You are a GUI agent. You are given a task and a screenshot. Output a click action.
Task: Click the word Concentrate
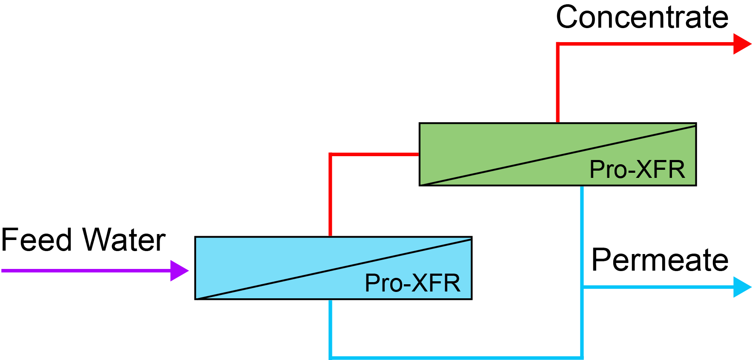coord(642,17)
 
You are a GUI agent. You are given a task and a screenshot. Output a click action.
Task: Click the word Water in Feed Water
coord(124,240)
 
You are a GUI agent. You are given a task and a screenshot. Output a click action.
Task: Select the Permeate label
coord(660,260)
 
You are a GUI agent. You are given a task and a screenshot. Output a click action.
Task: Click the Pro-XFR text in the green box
coord(637,169)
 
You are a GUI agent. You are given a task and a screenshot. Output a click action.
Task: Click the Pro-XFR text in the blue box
coord(412,283)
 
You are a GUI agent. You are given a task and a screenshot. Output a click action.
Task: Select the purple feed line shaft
coord(85,271)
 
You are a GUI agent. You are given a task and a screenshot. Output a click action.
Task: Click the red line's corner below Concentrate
coord(558,44)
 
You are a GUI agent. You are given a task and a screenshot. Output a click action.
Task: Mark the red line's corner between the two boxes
coord(331,154)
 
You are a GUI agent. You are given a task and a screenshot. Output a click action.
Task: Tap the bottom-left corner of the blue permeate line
coord(331,357)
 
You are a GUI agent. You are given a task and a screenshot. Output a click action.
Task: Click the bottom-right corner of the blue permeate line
coord(582,357)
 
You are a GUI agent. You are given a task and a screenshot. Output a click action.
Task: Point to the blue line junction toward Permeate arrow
coord(582,287)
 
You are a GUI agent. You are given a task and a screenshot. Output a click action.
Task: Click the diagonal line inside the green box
coord(558,155)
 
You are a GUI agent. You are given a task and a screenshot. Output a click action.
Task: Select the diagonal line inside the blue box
coord(333,269)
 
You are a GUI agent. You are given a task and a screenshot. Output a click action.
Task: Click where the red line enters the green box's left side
coord(418,154)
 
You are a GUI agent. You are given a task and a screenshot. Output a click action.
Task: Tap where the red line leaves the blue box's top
coord(331,236)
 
